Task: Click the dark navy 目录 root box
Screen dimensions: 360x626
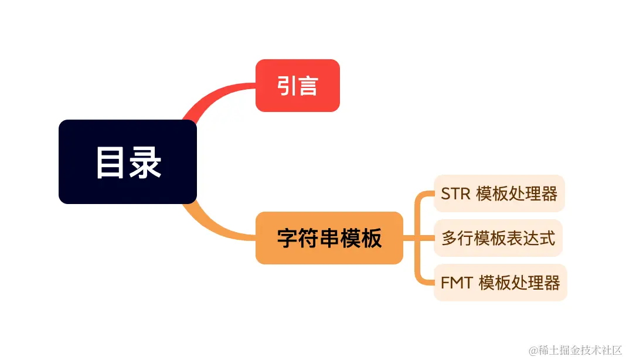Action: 128,162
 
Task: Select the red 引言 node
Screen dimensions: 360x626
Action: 298,86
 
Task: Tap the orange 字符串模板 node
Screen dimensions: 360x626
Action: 329,238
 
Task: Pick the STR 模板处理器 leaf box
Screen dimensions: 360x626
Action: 499,193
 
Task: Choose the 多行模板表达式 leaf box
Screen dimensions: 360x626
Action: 498,238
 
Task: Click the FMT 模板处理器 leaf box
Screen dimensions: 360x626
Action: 500,283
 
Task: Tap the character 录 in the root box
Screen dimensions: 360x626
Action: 145,162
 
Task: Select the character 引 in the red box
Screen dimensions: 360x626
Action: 287,86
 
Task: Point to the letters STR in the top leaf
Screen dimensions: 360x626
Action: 455,194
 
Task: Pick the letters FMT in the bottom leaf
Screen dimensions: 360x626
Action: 457,283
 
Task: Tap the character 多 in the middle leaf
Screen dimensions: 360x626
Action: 449,239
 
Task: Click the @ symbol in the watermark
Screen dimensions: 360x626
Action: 533,350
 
